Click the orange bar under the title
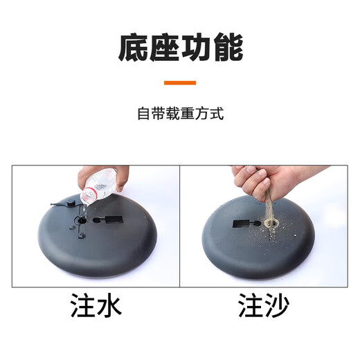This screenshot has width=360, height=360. pyautogui.click(x=180, y=82)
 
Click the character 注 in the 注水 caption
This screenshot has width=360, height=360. pyautogui.click(x=83, y=307)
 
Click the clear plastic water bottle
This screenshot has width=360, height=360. pyautogui.click(x=99, y=185)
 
